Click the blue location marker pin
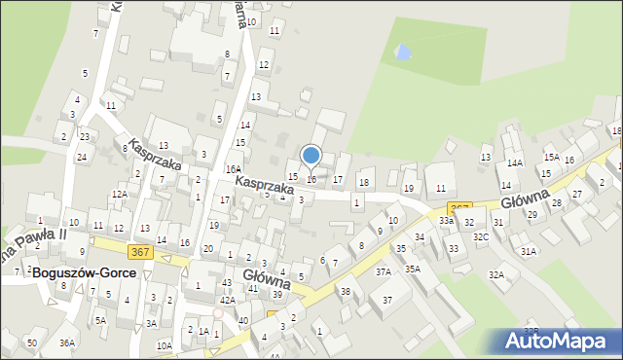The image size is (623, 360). [311, 156]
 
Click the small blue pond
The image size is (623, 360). [401, 50]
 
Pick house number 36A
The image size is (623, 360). [67, 342]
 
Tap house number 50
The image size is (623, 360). [32, 342]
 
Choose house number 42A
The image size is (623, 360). [227, 301]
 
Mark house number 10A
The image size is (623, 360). [164, 345]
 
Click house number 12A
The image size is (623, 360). [120, 194]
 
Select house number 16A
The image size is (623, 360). [234, 168]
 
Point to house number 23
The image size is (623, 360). [85, 136]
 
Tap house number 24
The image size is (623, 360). [82, 157]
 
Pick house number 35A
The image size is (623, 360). [413, 269]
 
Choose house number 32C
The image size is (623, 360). [481, 236]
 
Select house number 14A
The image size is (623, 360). [514, 163]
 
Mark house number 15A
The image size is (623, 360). [551, 157]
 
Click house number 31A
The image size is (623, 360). [528, 251]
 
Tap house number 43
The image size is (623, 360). [226, 282]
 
